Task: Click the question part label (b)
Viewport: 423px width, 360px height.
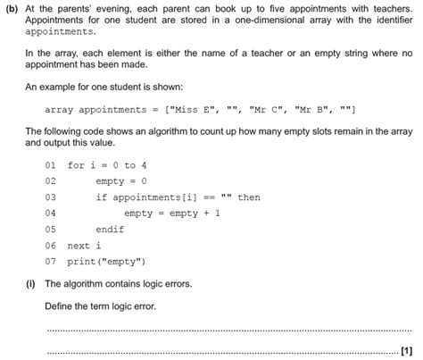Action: click(12, 9)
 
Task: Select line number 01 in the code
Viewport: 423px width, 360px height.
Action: click(49, 165)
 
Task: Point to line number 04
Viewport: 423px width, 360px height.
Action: click(49, 213)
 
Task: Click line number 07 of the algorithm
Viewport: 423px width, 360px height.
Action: click(49, 262)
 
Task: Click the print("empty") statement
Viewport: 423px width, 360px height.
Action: click(107, 262)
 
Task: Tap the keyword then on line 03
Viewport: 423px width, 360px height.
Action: click(249, 197)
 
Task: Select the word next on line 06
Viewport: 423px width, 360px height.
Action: click(79, 246)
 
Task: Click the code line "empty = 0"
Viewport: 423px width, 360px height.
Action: click(120, 181)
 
